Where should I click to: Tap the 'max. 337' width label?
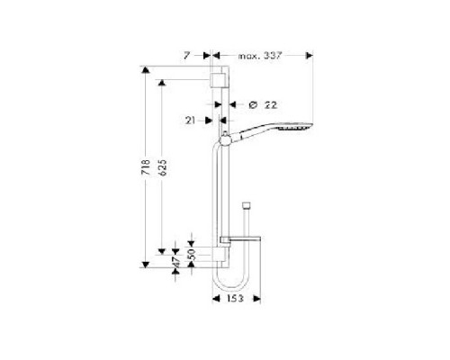pos(260,55)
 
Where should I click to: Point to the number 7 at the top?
pos(186,55)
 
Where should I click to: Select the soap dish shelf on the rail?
pos(241,240)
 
